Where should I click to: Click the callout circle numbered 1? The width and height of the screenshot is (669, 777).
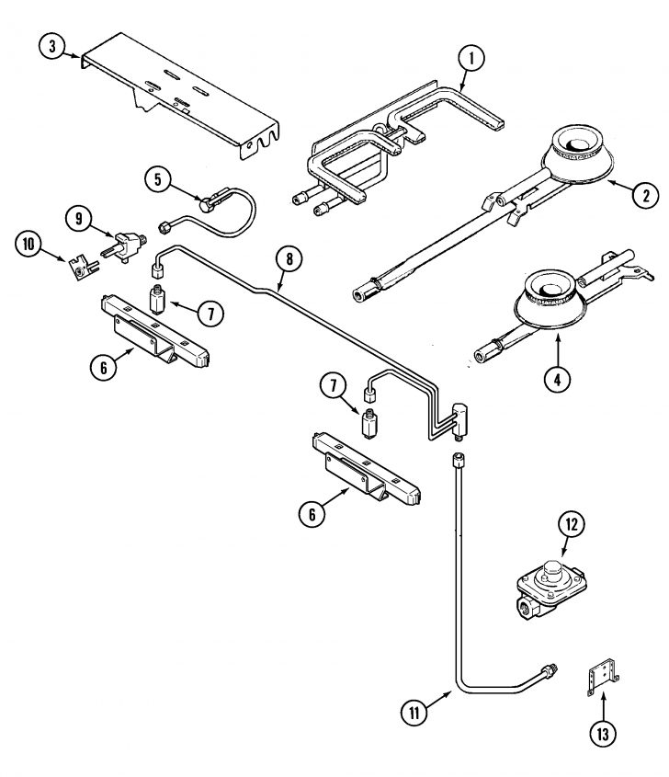click(x=471, y=58)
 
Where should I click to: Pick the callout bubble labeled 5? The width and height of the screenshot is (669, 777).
click(x=159, y=179)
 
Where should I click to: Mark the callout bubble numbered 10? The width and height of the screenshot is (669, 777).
click(x=29, y=244)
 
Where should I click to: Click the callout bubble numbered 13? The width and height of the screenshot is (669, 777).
click(x=602, y=734)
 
